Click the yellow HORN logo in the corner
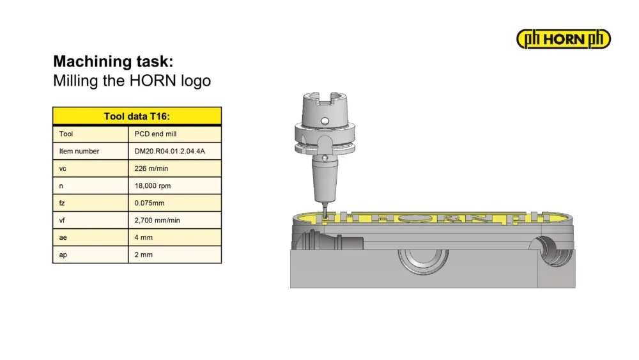[563, 39]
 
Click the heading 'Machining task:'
[113, 61]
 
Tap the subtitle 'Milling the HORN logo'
[132, 81]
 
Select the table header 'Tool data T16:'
[137, 116]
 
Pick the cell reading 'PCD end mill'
[155, 134]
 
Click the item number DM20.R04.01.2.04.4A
[169, 151]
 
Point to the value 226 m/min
[151, 168]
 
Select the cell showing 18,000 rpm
[153, 186]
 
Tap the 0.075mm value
[149, 203]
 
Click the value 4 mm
[143, 237]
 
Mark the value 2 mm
[143, 254]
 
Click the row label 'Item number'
[79, 151]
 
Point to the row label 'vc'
[63, 168]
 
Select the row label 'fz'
[62, 203]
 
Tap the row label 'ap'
[63, 255]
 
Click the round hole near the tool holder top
[325, 121]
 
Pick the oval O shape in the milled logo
[416, 218]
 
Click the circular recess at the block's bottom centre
[423, 262]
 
